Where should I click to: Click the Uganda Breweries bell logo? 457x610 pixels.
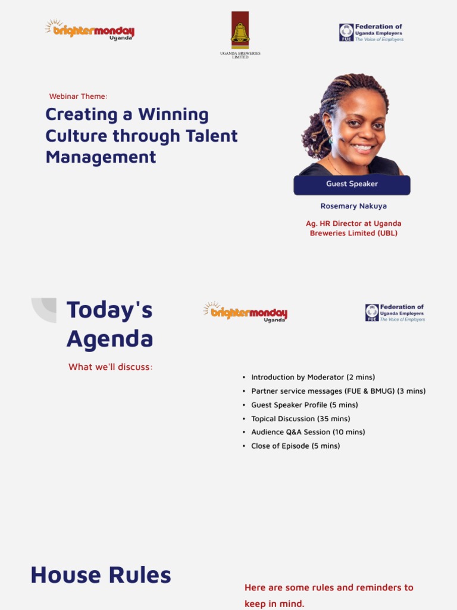(240, 31)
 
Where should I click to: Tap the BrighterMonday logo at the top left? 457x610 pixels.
(90, 30)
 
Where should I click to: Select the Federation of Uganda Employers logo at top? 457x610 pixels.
(371, 32)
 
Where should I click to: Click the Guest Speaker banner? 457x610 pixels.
(352, 184)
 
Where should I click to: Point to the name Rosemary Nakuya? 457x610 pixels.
(353, 206)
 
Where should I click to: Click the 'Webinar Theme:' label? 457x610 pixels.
(78, 97)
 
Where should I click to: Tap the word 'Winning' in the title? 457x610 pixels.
(173, 114)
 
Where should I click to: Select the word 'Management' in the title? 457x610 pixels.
(101, 157)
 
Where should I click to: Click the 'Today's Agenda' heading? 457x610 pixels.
(109, 324)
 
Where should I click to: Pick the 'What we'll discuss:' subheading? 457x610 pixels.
(111, 367)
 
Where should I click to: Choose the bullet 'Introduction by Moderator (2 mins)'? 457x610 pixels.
(313, 377)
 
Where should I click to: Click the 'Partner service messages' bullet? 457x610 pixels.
(338, 391)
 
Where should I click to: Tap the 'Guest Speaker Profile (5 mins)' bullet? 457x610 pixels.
(305, 405)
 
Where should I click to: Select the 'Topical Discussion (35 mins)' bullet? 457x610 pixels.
(301, 419)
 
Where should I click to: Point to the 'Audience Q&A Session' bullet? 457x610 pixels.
(308, 432)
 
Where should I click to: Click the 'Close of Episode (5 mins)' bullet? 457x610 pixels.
(296, 446)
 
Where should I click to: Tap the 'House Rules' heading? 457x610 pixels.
(101, 575)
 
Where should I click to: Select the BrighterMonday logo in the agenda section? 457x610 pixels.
(245, 312)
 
